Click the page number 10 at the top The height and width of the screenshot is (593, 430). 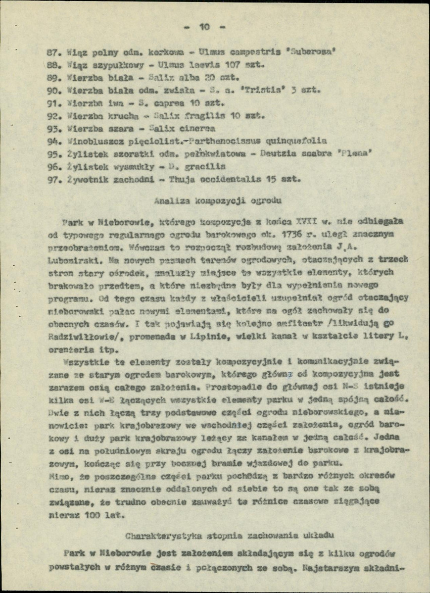[205, 27]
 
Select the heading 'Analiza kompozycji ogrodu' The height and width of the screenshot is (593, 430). [218, 201]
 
